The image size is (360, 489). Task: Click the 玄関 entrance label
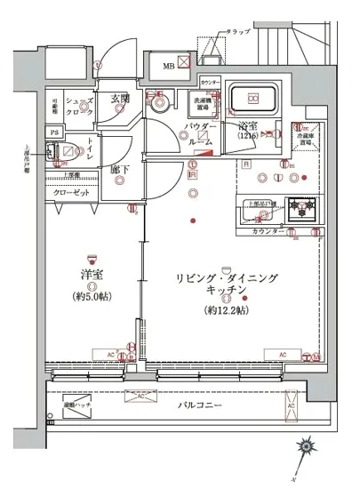(120, 99)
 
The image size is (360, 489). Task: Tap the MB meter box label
(168, 63)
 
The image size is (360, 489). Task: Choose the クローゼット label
(69, 192)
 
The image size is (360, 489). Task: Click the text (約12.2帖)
(228, 310)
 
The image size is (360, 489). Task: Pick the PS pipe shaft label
(54, 133)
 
